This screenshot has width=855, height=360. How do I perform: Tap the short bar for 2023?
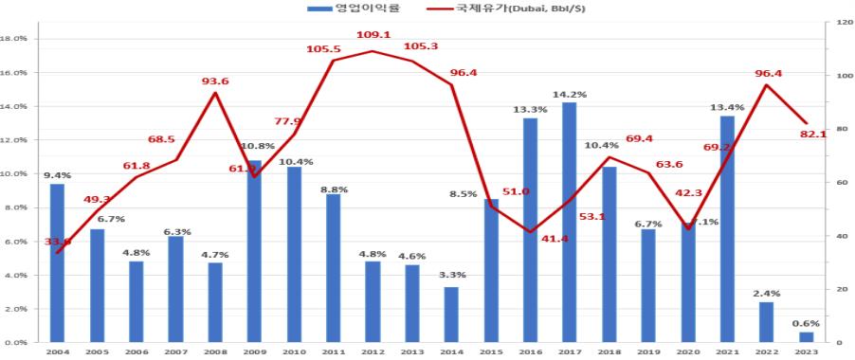tap(806, 336)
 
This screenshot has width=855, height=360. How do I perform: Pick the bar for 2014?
tap(451, 314)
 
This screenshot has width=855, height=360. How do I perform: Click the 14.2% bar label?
tap(569, 95)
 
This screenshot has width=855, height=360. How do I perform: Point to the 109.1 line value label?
tap(373, 35)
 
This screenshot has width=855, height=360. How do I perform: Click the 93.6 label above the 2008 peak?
tap(215, 81)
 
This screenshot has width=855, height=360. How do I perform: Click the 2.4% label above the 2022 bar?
tap(766, 294)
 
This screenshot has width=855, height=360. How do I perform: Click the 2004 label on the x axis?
tap(57, 352)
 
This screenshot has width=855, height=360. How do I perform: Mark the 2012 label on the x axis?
tap(373, 352)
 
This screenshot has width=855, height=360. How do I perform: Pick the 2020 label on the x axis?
tap(687, 352)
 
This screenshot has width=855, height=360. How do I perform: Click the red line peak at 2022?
tap(766, 85)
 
